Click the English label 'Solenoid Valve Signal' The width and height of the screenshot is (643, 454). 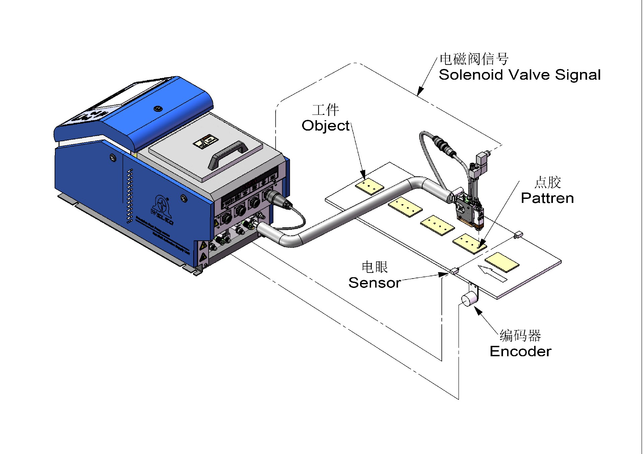coord(519,75)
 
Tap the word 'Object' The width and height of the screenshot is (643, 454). coord(326,126)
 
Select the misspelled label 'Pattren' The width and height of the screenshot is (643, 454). coord(547,198)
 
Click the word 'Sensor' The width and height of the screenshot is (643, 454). coord(374,283)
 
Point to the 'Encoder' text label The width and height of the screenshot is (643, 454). coord(520,352)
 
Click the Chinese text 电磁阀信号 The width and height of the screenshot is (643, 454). coord(474,59)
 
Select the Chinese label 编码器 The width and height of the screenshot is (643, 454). coord(520,335)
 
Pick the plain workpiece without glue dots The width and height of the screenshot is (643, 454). coord(502,262)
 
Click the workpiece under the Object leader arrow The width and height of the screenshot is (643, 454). coord(369,186)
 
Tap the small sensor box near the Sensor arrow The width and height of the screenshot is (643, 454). coord(454,271)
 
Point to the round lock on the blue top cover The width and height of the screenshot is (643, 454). coord(157,108)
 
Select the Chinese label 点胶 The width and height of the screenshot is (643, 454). coord(548,182)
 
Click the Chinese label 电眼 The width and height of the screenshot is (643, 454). coord(374,267)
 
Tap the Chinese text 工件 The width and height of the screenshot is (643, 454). coord(326,110)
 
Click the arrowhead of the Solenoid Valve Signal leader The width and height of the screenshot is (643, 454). coord(420,91)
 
